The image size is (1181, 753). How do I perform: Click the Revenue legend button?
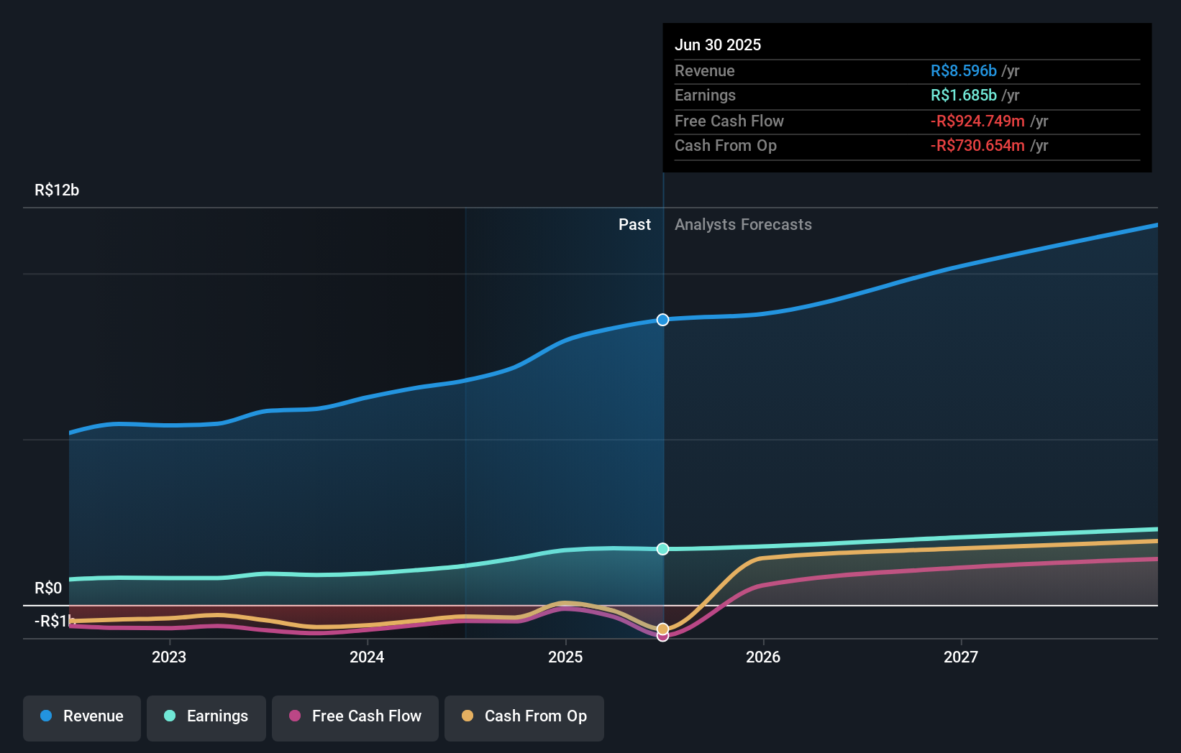click(x=82, y=716)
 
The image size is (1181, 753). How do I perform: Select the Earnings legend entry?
click(x=206, y=716)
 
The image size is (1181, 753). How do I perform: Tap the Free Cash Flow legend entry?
click(x=355, y=716)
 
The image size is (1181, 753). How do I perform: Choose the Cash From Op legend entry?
click(x=524, y=716)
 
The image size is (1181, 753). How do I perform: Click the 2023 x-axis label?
click(x=169, y=657)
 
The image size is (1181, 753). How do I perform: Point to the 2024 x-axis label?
click(x=367, y=657)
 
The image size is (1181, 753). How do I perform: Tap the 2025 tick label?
click(x=565, y=657)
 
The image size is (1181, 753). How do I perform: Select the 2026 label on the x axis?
click(x=763, y=657)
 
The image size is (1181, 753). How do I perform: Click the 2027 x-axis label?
click(x=961, y=657)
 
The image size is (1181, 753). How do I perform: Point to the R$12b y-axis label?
click(x=57, y=190)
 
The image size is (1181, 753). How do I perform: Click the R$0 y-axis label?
click(x=48, y=588)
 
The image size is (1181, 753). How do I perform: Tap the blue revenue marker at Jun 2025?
click(x=663, y=320)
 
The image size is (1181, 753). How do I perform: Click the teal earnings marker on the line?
click(x=663, y=549)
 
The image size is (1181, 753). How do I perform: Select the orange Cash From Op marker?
click(x=663, y=629)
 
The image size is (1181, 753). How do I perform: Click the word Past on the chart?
click(x=634, y=225)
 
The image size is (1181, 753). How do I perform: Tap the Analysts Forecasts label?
click(x=743, y=225)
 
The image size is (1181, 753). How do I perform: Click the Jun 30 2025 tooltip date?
click(x=718, y=45)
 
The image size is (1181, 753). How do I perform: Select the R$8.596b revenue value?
click(x=963, y=71)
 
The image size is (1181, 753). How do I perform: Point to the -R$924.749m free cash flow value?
click(x=977, y=121)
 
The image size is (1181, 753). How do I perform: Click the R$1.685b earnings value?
click(x=963, y=96)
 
